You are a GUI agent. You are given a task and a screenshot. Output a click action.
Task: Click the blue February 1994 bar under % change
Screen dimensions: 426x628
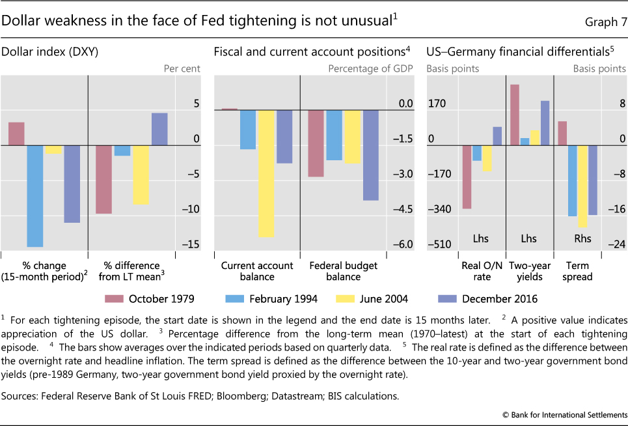tap(34, 196)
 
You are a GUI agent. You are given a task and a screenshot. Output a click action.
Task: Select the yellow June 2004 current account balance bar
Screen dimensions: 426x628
tap(266, 173)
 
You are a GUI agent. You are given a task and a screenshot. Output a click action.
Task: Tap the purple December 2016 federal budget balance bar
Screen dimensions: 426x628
tap(371, 155)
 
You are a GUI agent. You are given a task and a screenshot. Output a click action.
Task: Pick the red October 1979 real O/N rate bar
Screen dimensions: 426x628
tap(467, 177)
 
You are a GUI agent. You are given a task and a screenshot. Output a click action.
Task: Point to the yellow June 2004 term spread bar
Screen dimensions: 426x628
tap(582, 186)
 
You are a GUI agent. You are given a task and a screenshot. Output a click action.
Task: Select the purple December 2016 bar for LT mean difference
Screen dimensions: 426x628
tap(159, 129)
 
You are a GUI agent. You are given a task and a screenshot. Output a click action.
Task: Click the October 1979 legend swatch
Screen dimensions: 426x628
tap(115, 299)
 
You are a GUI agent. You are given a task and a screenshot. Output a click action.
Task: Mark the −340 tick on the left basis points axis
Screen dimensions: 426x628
tap(439, 209)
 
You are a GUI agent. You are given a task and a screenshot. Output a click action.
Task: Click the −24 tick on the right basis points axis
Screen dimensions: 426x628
tap(617, 244)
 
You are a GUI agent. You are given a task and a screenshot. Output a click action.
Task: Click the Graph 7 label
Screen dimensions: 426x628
tap(605, 23)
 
